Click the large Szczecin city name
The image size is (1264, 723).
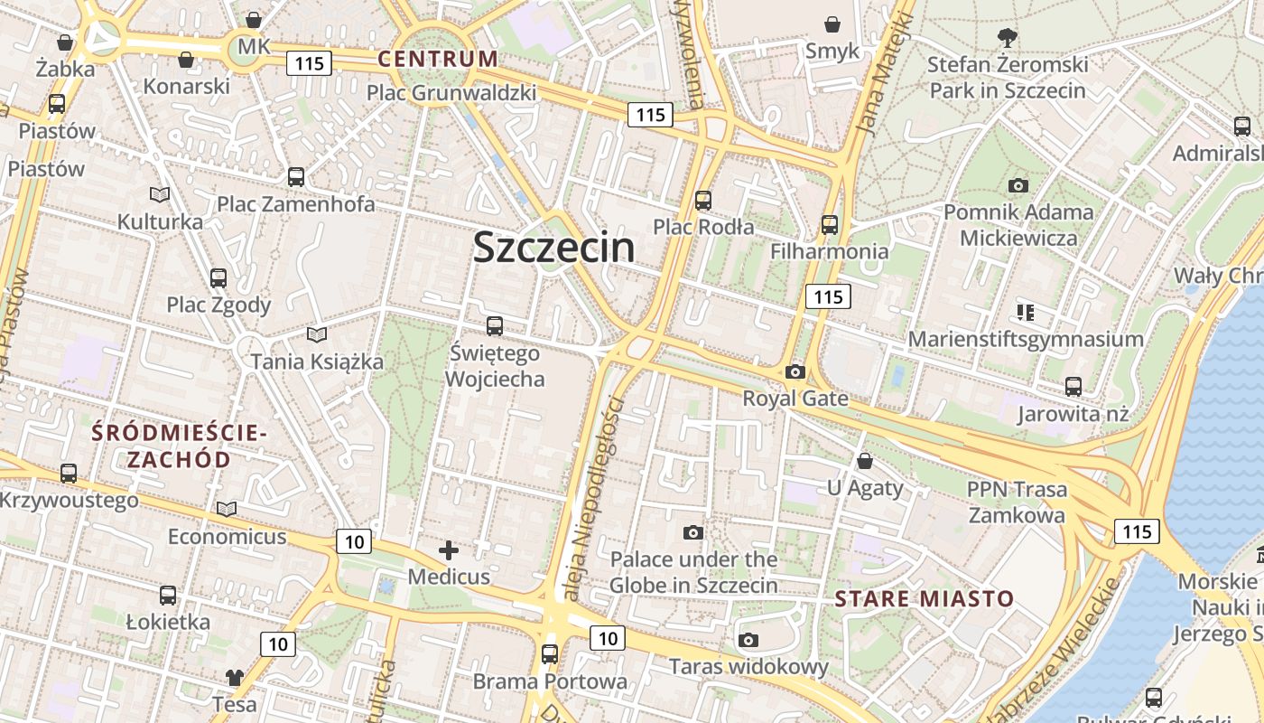553,248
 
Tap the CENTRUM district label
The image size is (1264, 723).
438,60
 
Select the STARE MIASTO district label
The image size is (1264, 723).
925,598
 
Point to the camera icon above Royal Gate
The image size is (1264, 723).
795,371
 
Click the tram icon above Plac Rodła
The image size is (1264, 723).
703,200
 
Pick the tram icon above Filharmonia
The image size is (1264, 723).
829,224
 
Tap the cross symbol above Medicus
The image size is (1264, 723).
449,549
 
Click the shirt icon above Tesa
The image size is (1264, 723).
235,677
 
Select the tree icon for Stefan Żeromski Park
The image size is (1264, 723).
1007,38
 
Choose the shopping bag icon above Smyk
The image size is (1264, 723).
832,24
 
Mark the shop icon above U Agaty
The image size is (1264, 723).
864,461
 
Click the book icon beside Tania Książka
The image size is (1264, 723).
316,335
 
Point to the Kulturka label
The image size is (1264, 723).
160,221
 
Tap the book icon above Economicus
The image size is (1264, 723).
227,510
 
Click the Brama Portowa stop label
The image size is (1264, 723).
549,681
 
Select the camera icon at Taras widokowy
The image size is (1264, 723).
748,641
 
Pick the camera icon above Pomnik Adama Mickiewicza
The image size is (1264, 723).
1018,185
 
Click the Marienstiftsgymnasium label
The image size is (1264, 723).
1026,339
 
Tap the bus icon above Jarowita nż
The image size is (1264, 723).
1073,387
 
